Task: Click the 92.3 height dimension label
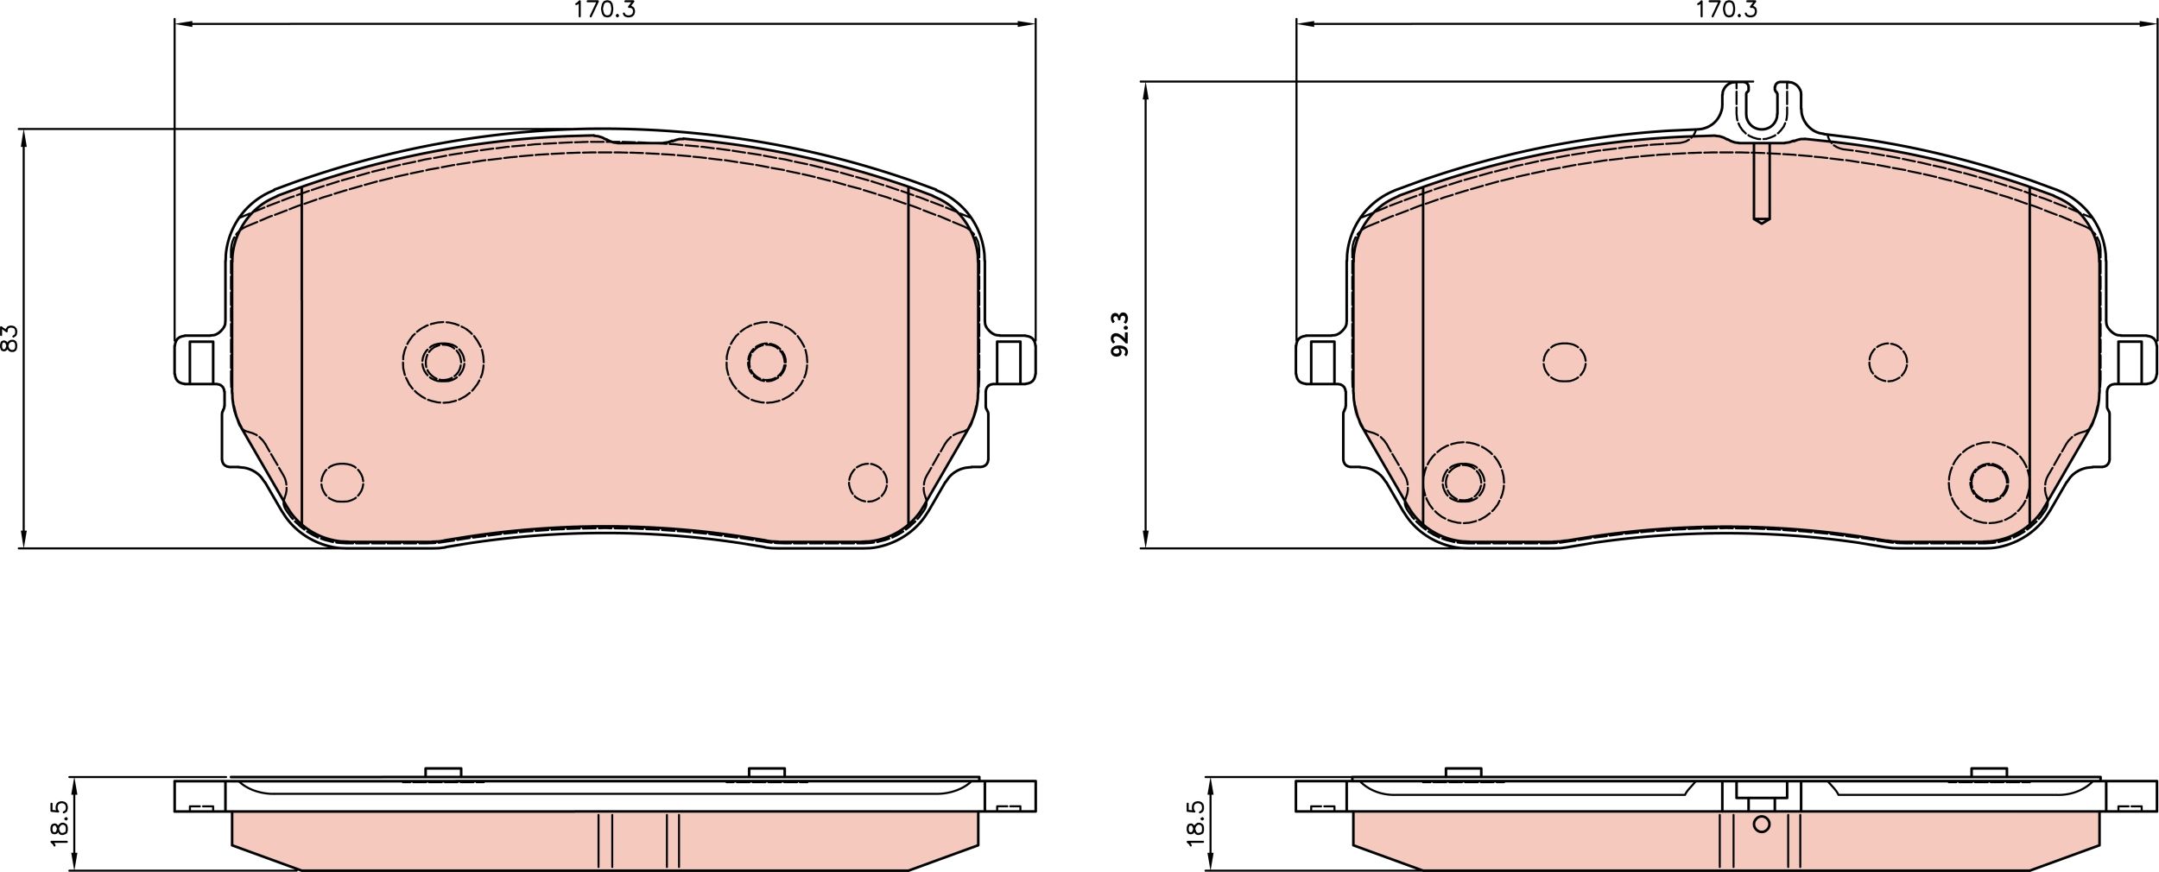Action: pyautogui.click(x=1120, y=335)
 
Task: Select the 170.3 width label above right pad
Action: pyautogui.click(x=1726, y=10)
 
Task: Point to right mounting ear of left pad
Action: pyautogui.click(x=1012, y=360)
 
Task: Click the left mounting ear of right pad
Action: pyautogui.click(x=1319, y=361)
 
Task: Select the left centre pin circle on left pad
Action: pyautogui.click(x=443, y=362)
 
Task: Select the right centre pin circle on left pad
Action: pyautogui.click(x=766, y=362)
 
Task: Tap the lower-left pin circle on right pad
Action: pyautogui.click(x=1463, y=482)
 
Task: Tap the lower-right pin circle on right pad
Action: pyautogui.click(x=1989, y=482)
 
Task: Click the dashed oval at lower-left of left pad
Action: pyautogui.click(x=342, y=482)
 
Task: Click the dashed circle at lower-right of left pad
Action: pyautogui.click(x=867, y=482)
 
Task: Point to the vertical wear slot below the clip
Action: pyautogui.click(x=1762, y=194)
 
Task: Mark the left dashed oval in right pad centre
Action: pyautogui.click(x=1564, y=362)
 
